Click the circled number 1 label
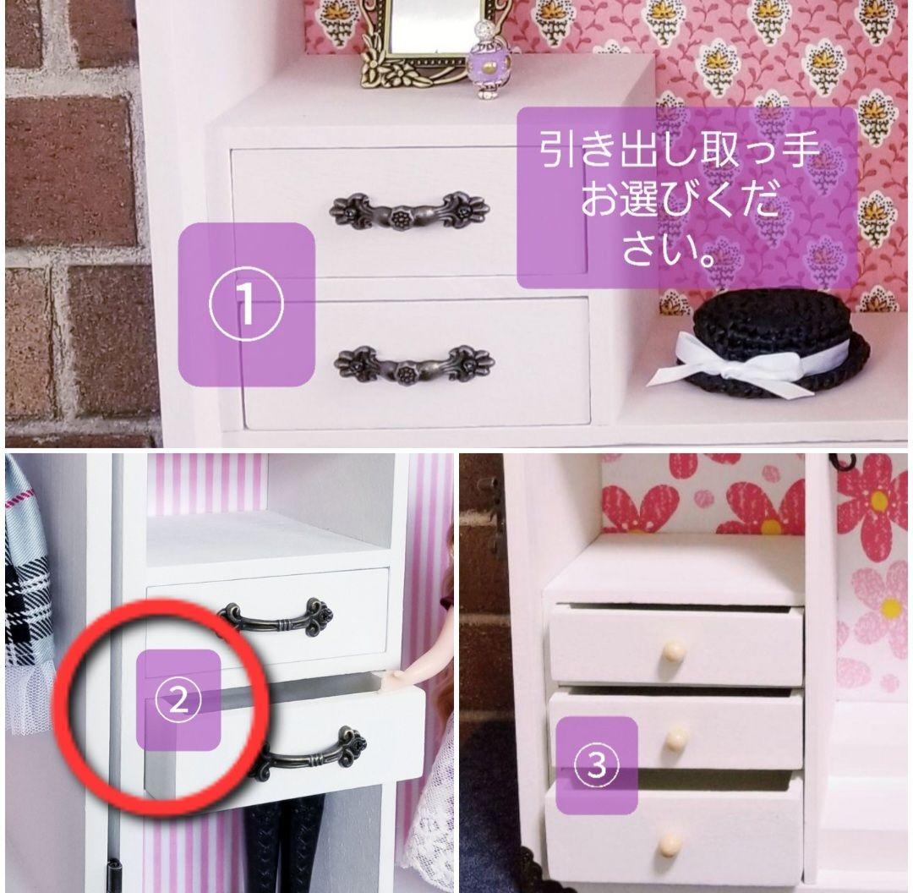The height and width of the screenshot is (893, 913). [247, 304]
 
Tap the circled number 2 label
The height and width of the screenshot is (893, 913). [178, 700]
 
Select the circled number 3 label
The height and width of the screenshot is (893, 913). [596, 766]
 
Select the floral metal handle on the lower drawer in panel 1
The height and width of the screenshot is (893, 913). [413, 364]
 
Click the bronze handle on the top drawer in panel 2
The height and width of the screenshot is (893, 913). [275, 616]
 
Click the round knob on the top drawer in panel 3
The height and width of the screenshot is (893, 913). [674, 649]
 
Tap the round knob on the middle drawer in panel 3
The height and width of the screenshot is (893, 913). [675, 741]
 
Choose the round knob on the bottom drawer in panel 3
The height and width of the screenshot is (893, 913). [670, 843]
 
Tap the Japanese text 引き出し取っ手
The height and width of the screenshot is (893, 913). [681, 154]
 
